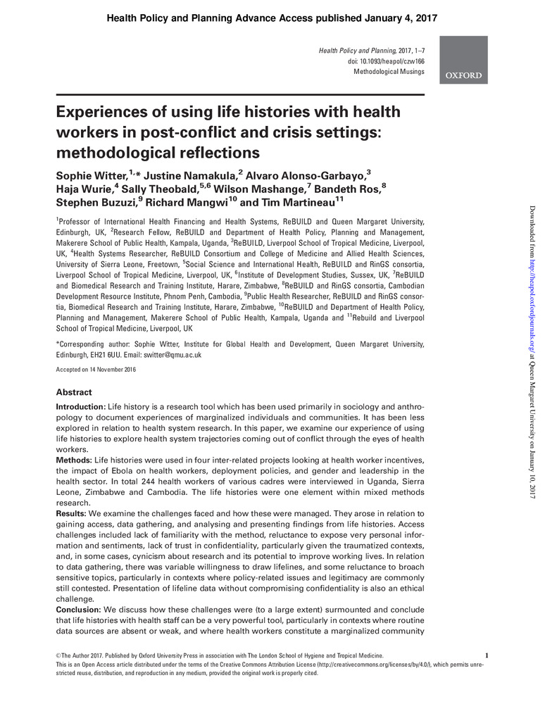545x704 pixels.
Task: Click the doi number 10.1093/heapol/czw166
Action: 391,62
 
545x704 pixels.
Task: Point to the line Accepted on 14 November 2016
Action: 96,370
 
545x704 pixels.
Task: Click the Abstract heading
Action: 74,392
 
